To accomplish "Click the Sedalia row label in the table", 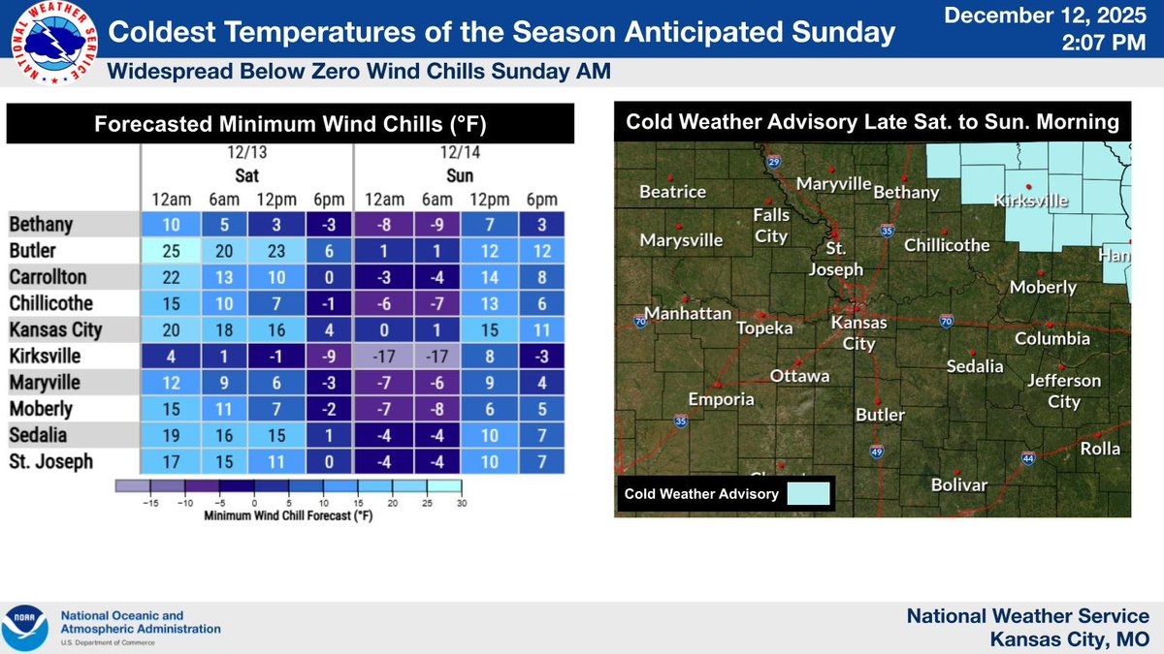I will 40,436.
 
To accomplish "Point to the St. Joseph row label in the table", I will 50,462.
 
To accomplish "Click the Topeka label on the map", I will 766,328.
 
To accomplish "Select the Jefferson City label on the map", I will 1064,390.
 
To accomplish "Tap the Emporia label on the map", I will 721,399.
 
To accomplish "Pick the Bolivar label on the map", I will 958,484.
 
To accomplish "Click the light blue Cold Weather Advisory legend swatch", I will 808,494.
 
